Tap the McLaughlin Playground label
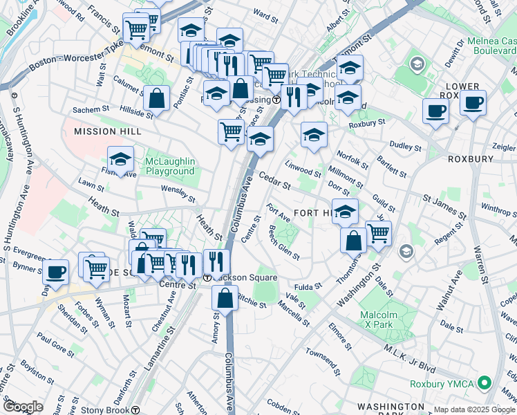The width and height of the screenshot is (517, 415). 170,166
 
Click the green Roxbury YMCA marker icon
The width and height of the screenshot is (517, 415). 485,382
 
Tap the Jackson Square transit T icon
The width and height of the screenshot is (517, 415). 207,277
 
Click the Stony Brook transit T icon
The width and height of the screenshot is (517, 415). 136,409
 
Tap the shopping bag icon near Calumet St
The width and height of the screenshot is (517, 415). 158,98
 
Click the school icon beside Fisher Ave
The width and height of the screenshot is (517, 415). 121,160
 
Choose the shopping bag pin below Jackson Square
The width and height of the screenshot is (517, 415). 225,299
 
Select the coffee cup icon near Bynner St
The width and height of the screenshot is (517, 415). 56,272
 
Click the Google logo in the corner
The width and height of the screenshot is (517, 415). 23,407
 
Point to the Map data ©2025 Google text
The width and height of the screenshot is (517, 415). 473,409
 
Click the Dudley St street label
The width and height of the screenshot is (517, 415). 406,147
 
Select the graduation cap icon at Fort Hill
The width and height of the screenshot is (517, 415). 345,212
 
